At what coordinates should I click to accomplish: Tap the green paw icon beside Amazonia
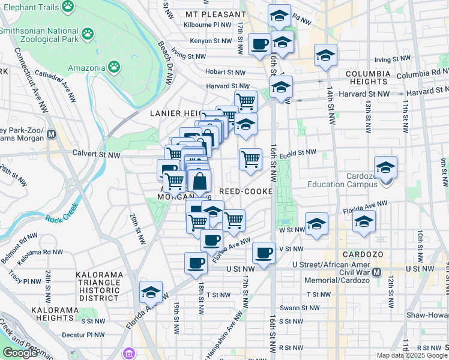coord(114,65)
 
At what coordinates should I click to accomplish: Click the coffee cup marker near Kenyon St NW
coord(259,44)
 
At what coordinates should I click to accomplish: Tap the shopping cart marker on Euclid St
coord(250,160)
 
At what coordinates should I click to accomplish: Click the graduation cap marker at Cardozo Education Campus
coord(385,167)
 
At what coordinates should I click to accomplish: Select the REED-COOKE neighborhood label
coord(246,191)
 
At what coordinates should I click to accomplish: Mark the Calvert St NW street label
coord(97,155)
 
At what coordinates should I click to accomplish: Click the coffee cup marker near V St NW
coord(263,253)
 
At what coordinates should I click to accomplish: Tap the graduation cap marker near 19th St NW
coord(151,292)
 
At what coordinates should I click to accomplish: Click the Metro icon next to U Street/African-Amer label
coord(376,272)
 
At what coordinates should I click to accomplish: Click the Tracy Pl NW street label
coord(24,277)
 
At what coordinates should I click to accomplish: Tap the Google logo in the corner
coord(20,353)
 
